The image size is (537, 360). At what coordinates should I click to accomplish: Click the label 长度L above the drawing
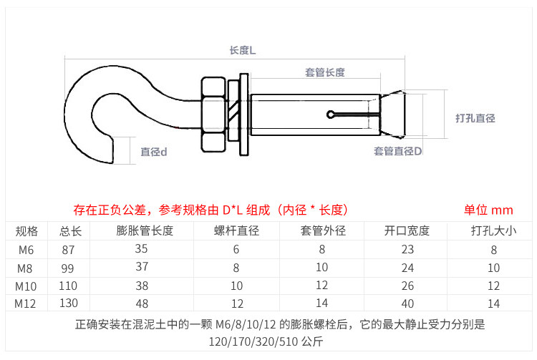[243, 51]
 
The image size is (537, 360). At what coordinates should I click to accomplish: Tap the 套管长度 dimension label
[324, 72]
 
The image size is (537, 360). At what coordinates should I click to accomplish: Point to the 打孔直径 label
[475, 118]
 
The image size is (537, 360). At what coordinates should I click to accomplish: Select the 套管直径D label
[397, 151]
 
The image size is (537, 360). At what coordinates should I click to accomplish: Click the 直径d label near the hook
[154, 152]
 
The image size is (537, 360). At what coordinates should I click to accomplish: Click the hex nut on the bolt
[213, 115]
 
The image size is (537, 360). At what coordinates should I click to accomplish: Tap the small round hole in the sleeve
[330, 115]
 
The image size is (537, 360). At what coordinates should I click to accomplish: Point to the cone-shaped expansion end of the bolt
[392, 115]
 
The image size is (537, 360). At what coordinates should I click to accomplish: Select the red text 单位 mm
[488, 210]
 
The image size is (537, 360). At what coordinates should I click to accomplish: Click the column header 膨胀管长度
[145, 230]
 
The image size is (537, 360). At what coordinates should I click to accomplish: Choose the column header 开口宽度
[407, 230]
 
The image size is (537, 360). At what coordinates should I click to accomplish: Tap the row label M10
[26, 286]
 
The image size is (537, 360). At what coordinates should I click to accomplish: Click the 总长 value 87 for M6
[68, 250]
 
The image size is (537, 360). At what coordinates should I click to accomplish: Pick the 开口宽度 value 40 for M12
[407, 303]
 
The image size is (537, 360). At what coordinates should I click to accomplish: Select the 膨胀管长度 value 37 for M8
[142, 266]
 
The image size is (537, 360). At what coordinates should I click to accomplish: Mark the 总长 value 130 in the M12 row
[69, 303]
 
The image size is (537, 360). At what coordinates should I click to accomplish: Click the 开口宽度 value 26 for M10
[407, 286]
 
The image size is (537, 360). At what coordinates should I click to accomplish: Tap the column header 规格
[26, 231]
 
